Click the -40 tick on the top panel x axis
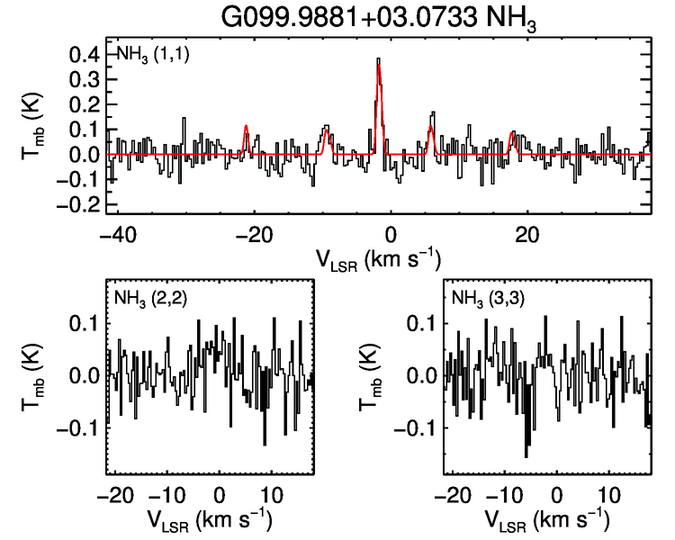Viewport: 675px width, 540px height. [113, 233]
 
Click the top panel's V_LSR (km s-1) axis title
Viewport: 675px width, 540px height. [378, 259]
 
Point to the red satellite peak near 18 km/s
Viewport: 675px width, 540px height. [513, 133]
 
